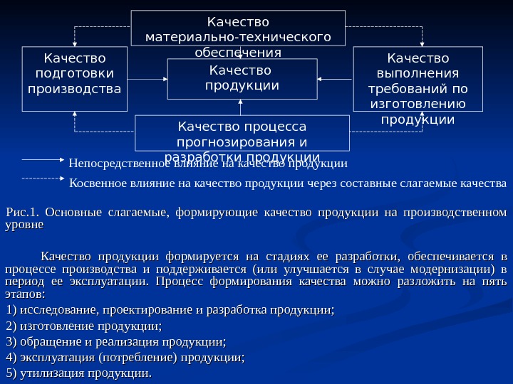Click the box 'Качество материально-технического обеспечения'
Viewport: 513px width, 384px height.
tap(238, 28)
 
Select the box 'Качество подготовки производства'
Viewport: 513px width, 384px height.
tap(73, 79)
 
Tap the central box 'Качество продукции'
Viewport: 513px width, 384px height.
tap(242, 78)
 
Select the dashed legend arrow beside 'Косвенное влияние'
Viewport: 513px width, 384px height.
tap(44, 178)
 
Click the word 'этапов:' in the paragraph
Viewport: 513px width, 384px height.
tap(24, 293)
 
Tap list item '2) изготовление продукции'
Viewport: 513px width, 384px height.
tap(83, 326)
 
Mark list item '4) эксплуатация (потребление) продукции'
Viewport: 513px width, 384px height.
tap(125, 358)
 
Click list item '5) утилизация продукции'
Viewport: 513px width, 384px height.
tap(79, 373)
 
